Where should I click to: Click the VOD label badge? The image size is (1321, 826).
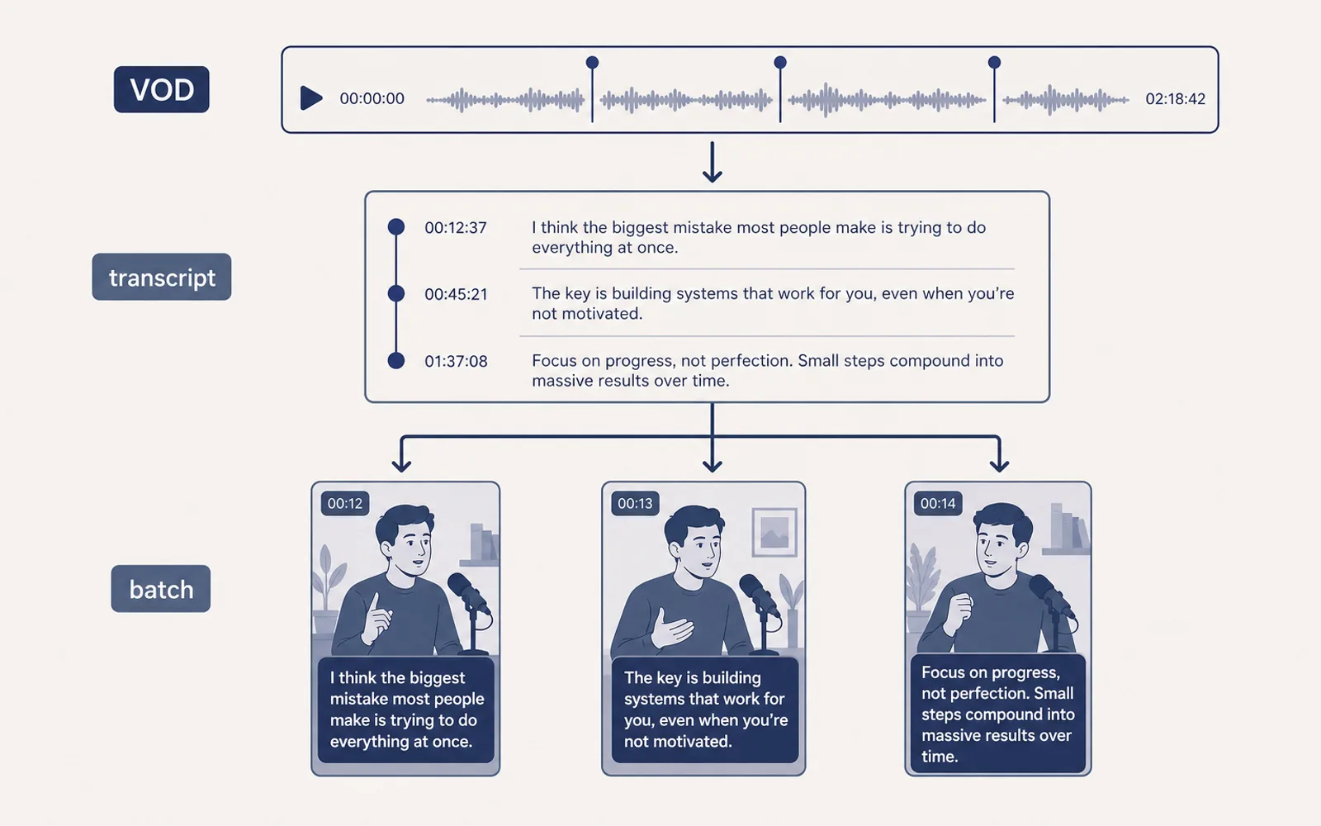pos(161,89)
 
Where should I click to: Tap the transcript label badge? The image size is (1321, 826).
pos(162,277)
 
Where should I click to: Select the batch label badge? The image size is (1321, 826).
pos(160,589)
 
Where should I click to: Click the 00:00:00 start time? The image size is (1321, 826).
pos(372,98)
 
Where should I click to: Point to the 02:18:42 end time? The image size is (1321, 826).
pos(1176,98)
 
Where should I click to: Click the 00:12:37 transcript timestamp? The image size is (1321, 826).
pos(456,228)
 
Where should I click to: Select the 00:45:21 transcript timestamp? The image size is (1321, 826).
pos(456,294)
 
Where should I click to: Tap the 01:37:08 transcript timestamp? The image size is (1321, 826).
pos(456,361)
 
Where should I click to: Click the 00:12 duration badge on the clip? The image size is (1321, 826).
pos(345,503)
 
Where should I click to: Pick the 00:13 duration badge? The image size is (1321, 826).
pos(635,503)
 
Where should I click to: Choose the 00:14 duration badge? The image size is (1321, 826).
pos(938,503)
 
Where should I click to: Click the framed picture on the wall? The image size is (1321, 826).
pos(774,532)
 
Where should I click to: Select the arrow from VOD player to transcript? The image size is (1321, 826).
pos(713,162)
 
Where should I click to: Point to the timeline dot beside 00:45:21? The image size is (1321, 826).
pos(396,293)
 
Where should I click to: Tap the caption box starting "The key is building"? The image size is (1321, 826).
pos(705,710)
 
